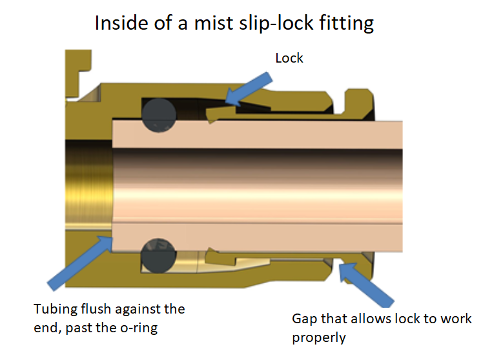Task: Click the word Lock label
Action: coord(289,58)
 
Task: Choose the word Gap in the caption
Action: coord(305,319)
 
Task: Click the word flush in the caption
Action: coord(103,309)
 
